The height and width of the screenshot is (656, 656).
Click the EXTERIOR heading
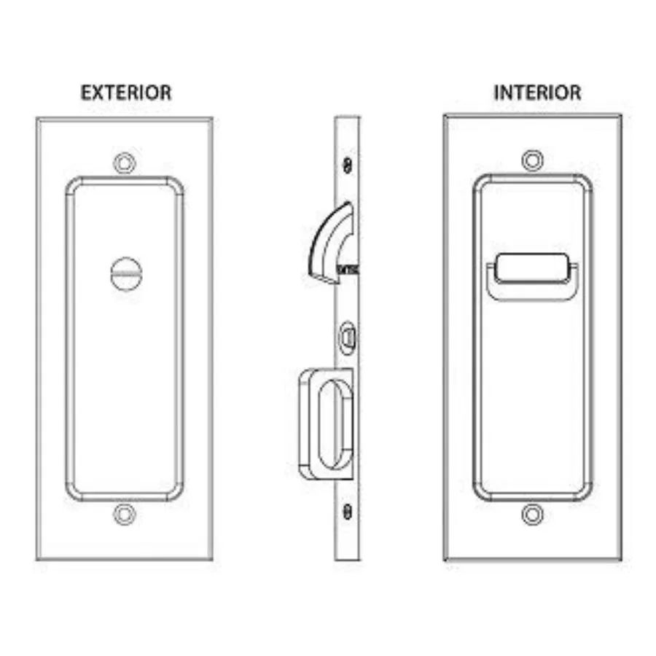click(x=126, y=93)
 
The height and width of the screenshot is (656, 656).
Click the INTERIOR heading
click(x=537, y=93)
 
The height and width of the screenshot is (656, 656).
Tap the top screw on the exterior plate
click(x=125, y=163)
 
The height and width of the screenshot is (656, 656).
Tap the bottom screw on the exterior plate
click(x=125, y=515)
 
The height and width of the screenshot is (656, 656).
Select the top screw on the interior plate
click(x=533, y=160)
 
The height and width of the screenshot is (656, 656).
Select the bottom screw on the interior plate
click(x=533, y=515)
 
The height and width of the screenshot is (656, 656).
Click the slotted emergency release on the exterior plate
click(x=126, y=274)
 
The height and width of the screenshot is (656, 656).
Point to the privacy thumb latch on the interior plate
click(x=532, y=276)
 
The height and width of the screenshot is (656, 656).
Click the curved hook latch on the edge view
click(x=330, y=243)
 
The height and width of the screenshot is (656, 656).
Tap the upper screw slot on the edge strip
click(x=347, y=165)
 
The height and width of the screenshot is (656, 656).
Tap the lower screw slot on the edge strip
click(x=347, y=512)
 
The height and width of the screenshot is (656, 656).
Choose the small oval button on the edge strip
click(x=347, y=337)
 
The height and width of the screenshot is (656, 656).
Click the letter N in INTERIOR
click(x=507, y=93)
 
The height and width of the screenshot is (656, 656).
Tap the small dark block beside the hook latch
click(x=347, y=270)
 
